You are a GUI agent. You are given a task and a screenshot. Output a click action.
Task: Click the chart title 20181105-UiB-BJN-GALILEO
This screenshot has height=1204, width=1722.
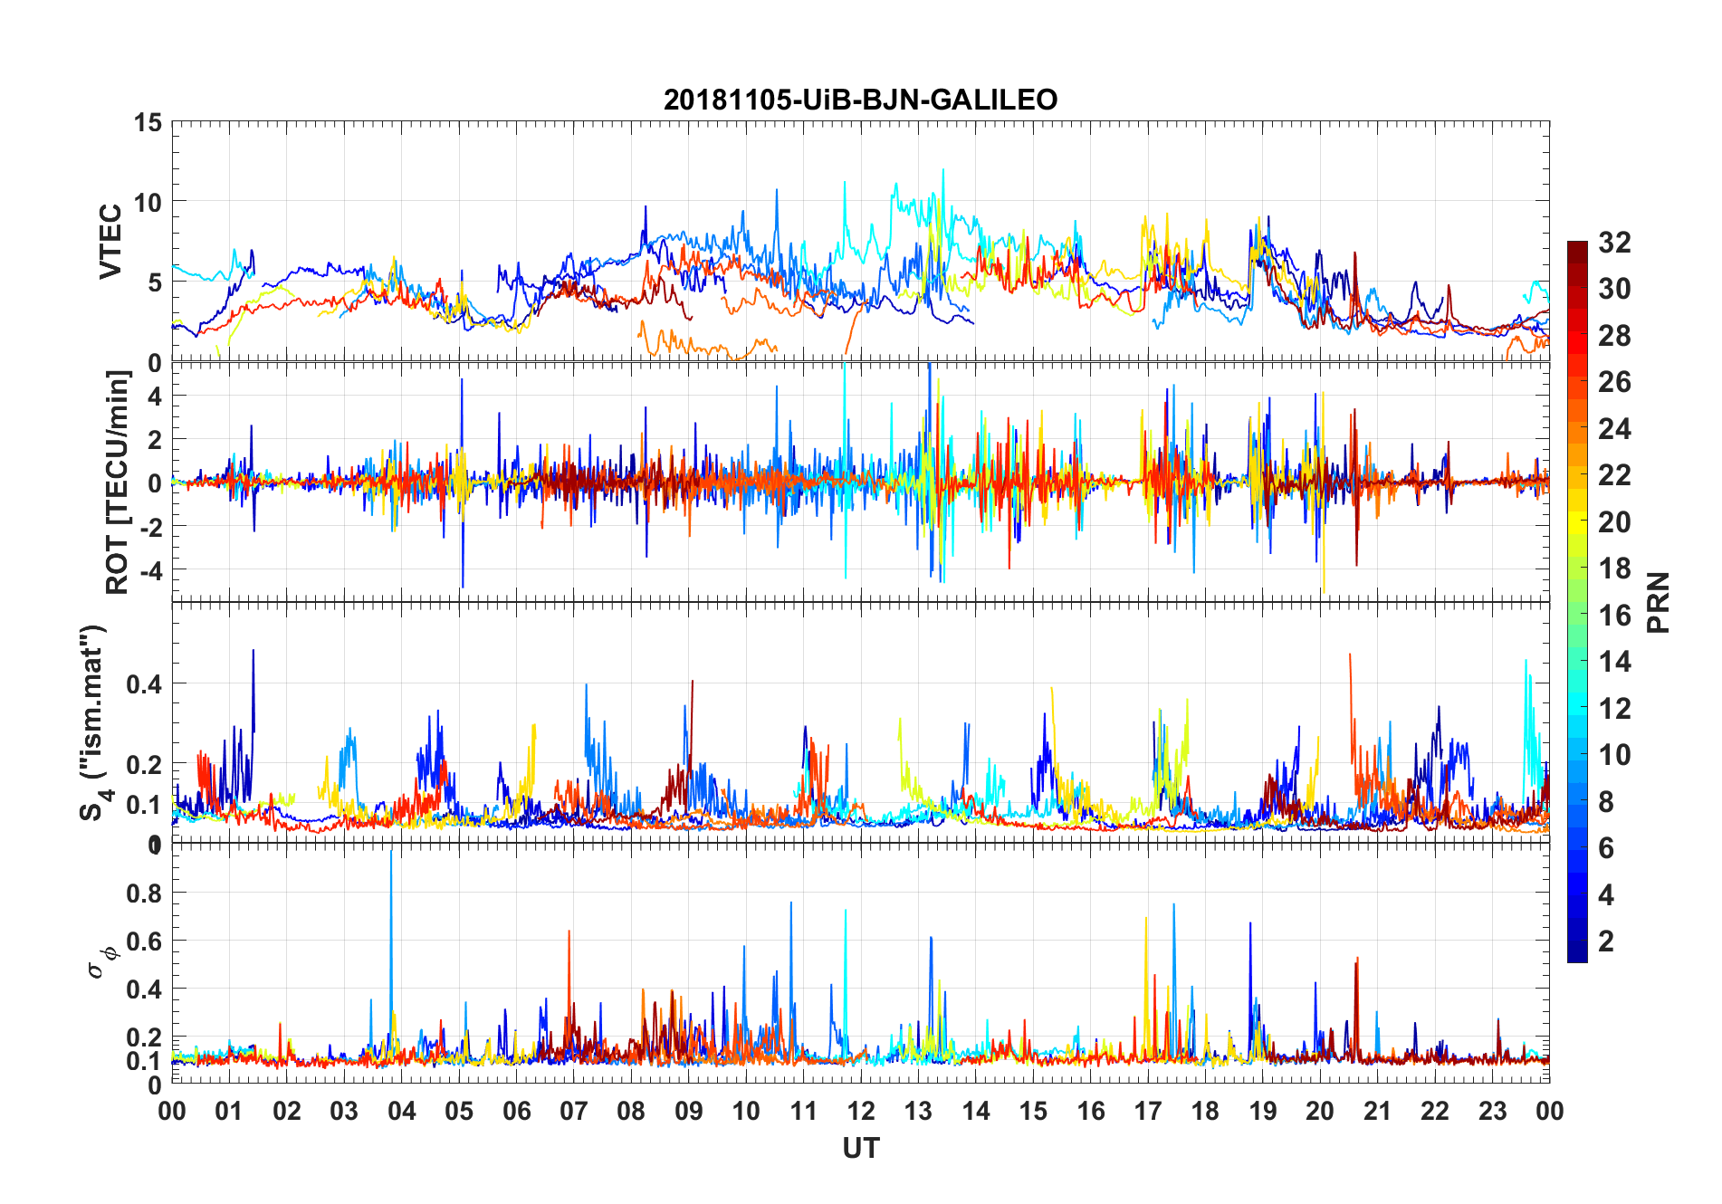point(860,100)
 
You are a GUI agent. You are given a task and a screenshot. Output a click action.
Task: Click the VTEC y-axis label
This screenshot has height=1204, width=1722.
point(110,242)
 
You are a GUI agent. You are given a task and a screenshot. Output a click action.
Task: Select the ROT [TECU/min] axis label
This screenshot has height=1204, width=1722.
point(118,482)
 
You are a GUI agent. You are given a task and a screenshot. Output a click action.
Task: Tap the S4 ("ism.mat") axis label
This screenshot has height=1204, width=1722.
point(94,722)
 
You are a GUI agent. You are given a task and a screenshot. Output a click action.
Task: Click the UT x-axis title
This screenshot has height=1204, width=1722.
point(860,1148)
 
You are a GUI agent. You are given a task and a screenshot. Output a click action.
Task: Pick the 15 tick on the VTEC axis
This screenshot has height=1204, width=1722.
point(148,122)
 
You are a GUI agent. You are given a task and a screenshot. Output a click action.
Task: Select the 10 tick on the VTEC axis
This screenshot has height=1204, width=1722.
point(148,202)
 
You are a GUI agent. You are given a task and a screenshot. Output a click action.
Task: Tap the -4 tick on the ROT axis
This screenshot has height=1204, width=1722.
point(148,570)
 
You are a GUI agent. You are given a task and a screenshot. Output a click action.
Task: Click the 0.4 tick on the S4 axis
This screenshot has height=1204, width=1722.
point(143,683)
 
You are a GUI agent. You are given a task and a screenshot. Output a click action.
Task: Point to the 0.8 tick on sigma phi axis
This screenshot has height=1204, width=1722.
point(143,893)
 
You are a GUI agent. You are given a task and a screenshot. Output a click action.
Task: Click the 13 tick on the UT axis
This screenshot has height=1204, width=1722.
point(918,1111)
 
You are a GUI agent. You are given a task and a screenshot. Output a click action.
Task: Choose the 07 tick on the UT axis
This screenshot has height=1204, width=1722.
point(574,1111)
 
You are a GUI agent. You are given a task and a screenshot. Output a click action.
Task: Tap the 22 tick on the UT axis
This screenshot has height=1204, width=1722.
point(1435,1111)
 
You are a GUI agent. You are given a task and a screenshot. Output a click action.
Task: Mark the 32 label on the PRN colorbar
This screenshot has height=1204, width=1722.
point(1614,243)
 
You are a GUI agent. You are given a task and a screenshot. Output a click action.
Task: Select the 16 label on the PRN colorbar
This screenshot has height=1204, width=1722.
point(1614,616)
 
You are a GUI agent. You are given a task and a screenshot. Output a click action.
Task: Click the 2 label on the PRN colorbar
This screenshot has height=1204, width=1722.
point(1606,941)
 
